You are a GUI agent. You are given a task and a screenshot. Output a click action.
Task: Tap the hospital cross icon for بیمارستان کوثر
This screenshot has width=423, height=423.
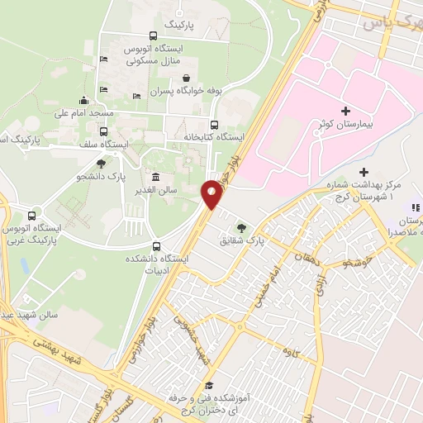tap(345, 111)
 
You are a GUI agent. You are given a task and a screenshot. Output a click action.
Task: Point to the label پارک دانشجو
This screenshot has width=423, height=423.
tap(101, 176)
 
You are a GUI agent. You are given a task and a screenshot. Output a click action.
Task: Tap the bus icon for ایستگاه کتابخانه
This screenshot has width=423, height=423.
tap(215, 125)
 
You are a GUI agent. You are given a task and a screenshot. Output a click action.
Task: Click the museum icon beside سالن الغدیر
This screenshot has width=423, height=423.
tap(155, 177)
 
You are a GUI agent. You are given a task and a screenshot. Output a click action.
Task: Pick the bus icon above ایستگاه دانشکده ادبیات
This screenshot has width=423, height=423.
tap(158, 245)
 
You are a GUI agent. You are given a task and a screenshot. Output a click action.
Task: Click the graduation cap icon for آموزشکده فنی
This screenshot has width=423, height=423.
tap(209, 387)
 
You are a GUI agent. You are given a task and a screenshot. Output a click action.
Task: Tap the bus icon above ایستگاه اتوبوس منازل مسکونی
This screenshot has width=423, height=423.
tap(152, 36)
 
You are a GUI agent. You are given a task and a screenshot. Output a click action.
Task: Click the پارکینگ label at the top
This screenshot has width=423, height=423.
tap(183, 25)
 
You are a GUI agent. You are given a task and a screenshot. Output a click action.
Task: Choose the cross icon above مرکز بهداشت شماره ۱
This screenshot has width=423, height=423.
tap(364, 171)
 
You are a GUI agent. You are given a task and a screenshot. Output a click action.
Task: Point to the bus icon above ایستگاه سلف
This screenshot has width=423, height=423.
tap(102, 131)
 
